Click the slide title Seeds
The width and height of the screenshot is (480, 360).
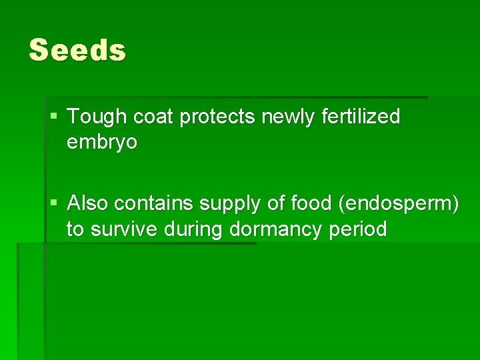click(77, 51)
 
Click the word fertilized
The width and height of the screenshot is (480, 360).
click(361, 117)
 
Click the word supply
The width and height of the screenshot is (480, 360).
click(227, 205)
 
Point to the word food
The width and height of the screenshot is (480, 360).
click(311, 203)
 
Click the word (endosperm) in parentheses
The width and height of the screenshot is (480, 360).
click(399, 205)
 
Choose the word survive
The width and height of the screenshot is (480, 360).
click(122, 229)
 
